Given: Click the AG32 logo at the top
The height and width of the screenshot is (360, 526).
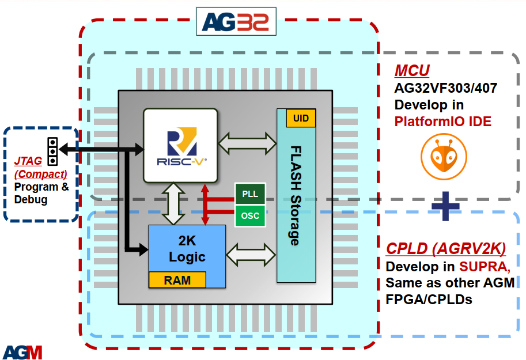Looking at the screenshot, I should coord(236,22).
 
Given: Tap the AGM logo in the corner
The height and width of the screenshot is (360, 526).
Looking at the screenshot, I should coord(22,351).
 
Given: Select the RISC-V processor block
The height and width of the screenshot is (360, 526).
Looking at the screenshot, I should coord(180,146).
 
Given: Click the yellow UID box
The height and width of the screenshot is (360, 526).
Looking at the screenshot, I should coord(301,118).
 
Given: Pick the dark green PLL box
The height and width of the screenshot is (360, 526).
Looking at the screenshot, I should coord(250,194).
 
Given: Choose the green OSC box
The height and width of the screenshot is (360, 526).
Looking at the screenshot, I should coord(250,216).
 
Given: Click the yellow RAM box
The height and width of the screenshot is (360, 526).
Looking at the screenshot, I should coord(177,280).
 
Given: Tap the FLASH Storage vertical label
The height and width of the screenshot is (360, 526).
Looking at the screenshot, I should coord(296,196).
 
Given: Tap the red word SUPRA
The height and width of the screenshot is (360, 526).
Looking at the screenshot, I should coord(484,267).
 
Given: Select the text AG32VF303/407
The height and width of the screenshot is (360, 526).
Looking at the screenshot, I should coord(445,89).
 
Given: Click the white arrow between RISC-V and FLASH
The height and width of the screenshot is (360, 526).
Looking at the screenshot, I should coord(248,143).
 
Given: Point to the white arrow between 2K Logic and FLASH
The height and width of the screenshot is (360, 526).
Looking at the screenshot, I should coord(252,254).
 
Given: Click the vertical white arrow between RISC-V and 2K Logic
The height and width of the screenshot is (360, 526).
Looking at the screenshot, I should coord(173,204).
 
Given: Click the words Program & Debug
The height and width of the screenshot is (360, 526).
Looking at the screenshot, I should coord(41,194).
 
